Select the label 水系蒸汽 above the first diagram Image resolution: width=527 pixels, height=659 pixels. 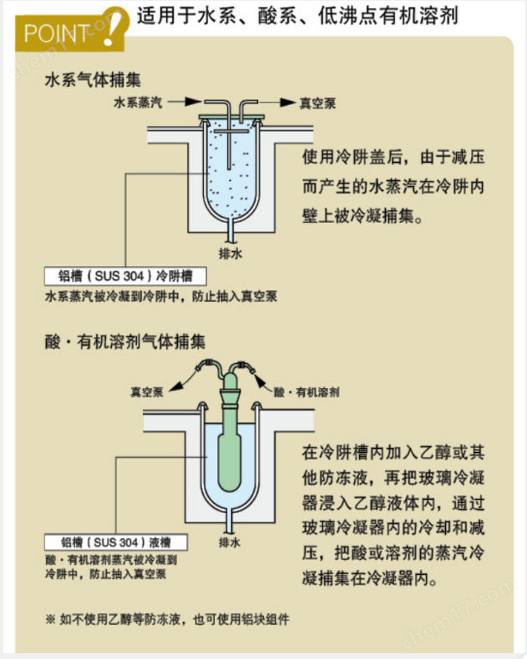point(138,103)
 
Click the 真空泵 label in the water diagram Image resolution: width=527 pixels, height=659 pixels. point(317,103)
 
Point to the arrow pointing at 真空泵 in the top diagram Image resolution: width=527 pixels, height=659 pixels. point(284,103)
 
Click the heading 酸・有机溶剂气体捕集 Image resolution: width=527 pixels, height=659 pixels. point(125,341)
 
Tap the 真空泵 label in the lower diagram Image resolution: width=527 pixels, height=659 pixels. point(145,390)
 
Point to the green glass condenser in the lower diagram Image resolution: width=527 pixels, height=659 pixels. point(229,450)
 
